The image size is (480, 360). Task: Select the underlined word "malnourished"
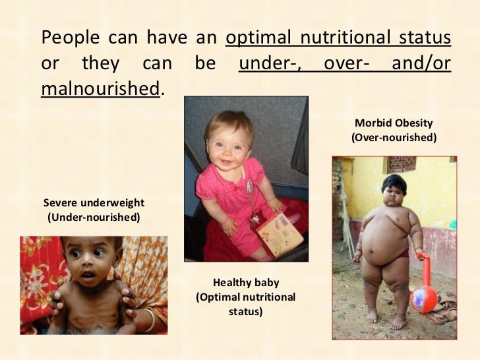(x=100, y=89)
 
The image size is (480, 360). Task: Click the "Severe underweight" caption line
(x=93, y=202)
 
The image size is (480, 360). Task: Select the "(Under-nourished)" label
(x=93, y=216)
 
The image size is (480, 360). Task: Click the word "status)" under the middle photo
(x=246, y=310)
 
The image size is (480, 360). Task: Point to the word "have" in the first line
(x=167, y=38)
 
